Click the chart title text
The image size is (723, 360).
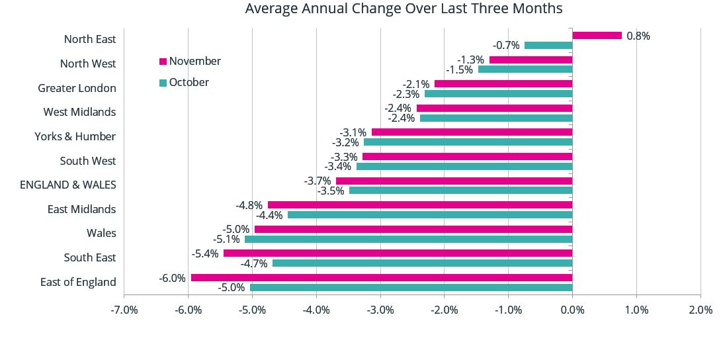point(404,9)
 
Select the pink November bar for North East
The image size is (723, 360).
point(597,36)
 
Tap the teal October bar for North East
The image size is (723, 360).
point(548,46)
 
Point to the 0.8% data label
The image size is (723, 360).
point(638,36)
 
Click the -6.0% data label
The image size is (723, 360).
point(172,278)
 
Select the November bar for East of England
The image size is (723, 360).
point(381,278)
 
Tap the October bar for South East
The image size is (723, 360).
point(422,263)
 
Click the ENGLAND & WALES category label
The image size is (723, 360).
point(68,185)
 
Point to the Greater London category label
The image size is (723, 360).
point(77,88)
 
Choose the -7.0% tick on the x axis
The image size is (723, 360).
point(124,310)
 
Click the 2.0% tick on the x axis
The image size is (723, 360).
point(700,310)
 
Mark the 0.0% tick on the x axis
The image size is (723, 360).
point(572,310)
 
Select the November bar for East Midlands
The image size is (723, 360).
point(419,205)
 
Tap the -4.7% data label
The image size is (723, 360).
point(254,263)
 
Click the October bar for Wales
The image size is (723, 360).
point(408,239)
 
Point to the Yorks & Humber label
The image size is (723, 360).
point(75,136)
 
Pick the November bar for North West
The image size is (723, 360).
point(531,60)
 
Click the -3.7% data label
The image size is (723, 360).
point(317,181)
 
